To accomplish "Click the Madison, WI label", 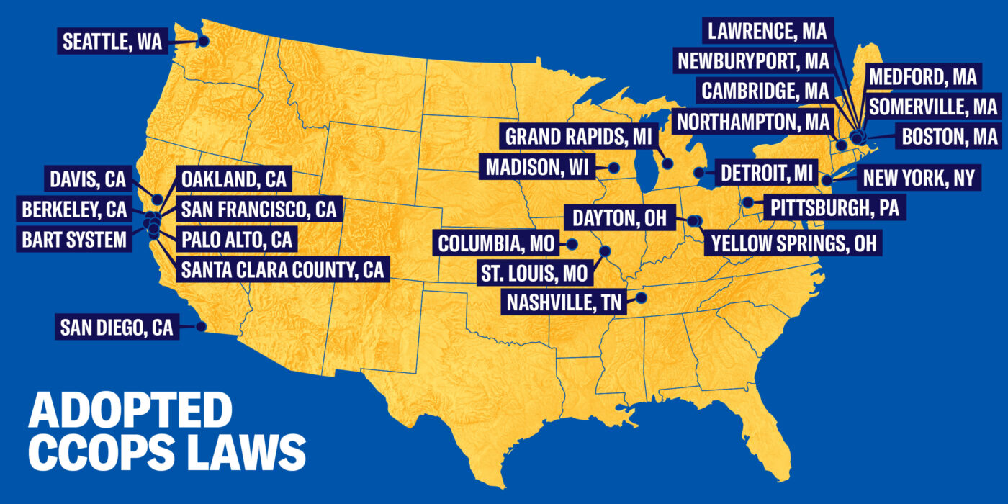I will click(537, 168).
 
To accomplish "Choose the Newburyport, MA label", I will click(753, 60).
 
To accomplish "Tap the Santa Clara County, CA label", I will click(282, 270).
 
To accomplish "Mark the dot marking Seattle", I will click(204, 41).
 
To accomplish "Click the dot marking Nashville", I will click(642, 297).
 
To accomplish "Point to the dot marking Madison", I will click(614, 168).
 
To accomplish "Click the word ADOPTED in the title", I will click(130, 411).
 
